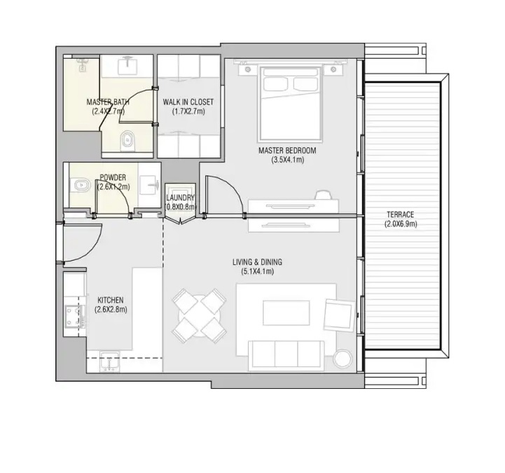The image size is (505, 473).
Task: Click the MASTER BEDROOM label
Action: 287,151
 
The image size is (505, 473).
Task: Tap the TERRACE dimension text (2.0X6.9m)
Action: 401,224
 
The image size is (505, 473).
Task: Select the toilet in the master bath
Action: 128,140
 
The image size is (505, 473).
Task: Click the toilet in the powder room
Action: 79,185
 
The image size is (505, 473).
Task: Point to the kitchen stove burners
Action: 72,316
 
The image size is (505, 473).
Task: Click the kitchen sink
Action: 109,362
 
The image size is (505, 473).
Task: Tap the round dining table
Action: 200,316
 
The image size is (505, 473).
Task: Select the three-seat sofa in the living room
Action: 286,353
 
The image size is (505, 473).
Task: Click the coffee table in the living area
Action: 286,313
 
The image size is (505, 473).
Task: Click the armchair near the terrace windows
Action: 339,315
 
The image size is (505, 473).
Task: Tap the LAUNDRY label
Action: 181,198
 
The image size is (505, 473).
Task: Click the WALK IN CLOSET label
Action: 188,102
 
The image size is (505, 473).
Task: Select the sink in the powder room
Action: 149,185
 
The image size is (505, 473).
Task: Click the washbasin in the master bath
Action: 127,65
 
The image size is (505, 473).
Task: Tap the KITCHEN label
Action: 111,301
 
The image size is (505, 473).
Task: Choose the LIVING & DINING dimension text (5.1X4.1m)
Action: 257,272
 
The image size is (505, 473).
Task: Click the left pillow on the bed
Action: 276,84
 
